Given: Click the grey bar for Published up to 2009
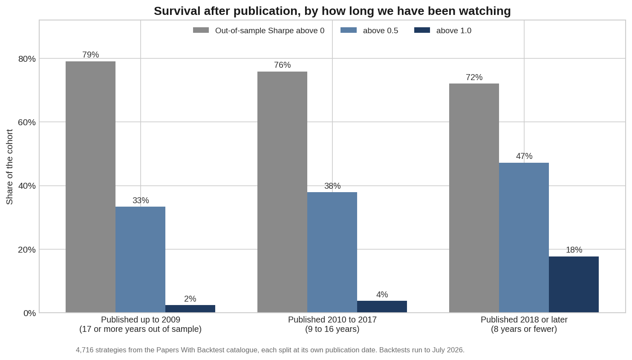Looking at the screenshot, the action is [x=91, y=187].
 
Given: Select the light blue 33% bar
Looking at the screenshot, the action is [x=141, y=259].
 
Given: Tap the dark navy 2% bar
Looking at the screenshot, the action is [x=190, y=308].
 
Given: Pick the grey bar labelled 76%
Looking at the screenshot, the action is [x=283, y=192].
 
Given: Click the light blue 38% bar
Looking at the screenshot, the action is [x=332, y=252].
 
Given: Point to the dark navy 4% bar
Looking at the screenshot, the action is [x=382, y=307].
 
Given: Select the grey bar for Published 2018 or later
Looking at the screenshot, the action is [x=474, y=198].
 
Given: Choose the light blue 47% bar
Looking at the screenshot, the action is [x=524, y=238].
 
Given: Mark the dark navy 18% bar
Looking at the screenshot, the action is [x=574, y=285].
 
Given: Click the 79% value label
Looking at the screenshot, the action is [x=91, y=55].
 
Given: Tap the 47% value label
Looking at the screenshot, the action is [x=524, y=156].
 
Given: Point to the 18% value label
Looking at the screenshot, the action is [x=574, y=250].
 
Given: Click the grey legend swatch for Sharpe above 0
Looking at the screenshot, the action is [x=201, y=30].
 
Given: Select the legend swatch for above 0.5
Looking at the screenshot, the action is [x=349, y=30].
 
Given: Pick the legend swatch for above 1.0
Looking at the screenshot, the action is [x=422, y=30].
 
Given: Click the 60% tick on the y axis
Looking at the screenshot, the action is [x=27, y=122].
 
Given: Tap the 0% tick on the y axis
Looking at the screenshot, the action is [x=30, y=313].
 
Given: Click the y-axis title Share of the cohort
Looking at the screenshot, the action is [x=10, y=167].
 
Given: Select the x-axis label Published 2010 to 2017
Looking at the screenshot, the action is [x=332, y=320].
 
